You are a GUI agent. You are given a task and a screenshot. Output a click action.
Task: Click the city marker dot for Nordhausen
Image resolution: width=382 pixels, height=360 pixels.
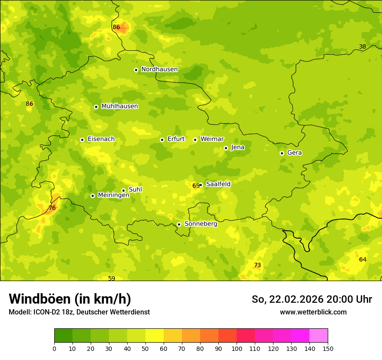(x=136, y=70)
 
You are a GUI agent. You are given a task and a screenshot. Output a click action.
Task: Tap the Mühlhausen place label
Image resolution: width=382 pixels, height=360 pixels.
(x=119, y=106)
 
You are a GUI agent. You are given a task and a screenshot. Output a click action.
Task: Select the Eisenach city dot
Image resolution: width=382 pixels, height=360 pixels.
(x=82, y=140)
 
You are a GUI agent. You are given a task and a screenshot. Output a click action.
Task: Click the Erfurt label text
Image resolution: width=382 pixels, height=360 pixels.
(x=176, y=139)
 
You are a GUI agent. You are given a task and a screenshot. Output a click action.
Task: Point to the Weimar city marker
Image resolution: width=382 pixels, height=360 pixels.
(x=195, y=140)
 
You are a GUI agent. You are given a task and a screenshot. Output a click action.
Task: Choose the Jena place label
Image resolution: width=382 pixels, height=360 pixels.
(x=237, y=147)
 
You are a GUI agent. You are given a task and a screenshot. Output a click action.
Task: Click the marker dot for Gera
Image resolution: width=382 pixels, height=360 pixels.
(x=282, y=153)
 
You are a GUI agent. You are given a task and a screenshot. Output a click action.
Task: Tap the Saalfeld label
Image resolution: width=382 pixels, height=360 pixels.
(x=218, y=184)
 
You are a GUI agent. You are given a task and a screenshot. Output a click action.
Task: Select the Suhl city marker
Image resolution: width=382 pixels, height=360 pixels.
(x=123, y=190)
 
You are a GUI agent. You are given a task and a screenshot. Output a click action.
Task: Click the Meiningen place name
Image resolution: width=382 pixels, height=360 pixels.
(x=113, y=195)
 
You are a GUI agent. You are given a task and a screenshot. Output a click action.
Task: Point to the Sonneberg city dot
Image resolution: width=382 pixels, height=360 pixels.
(x=179, y=224)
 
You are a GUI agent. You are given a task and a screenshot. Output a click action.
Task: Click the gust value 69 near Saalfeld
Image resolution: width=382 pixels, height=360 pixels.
(x=196, y=186)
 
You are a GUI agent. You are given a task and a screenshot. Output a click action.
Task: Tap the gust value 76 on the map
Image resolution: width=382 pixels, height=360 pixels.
(x=52, y=208)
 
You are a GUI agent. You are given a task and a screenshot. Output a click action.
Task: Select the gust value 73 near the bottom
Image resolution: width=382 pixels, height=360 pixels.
(x=257, y=265)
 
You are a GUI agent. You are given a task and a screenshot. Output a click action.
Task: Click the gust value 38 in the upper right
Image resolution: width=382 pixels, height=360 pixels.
(x=362, y=47)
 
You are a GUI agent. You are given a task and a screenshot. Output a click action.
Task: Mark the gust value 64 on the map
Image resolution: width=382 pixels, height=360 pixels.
(x=362, y=260)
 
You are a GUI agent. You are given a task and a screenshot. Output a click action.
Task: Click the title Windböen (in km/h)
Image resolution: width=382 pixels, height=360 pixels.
(x=70, y=299)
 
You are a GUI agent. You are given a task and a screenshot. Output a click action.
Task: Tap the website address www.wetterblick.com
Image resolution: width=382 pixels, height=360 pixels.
(x=313, y=312)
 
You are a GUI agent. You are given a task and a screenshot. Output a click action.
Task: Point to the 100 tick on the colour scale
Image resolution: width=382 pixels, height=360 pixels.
(x=237, y=348)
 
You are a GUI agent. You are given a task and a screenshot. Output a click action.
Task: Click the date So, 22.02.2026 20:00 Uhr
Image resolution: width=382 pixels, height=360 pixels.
(x=312, y=299)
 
